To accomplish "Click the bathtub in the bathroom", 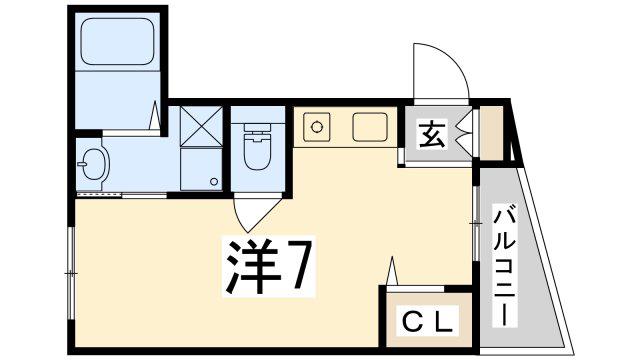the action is coord(118,41).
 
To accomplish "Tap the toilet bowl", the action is coord(257,147).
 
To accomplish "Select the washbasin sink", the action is coord(93,164).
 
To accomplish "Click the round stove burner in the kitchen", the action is coord(316,127).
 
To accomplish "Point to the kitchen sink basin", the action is coord(370,127).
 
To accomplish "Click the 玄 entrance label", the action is coord(432,134).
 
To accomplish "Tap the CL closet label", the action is coord(428,321).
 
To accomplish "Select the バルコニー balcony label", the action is coord(505,265).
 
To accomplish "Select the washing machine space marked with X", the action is coord(201,127).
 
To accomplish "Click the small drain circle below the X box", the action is coord(214,182).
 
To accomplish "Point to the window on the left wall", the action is coord(71,273).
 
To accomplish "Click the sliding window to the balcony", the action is coord(475,224).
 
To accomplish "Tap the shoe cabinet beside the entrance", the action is coord(491,133).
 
